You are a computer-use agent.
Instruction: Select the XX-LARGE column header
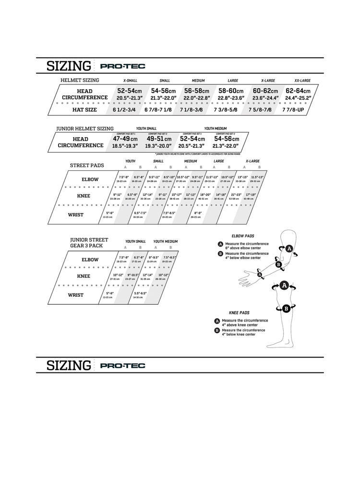[x=302, y=81]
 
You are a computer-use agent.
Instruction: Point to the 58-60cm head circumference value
[x=231, y=91]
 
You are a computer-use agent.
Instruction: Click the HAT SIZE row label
[x=84, y=110]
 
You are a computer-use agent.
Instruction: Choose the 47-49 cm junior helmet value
[x=125, y=138]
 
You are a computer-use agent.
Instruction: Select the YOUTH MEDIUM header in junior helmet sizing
[x=216, y=129]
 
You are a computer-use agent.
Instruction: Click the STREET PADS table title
[x=87, y=165]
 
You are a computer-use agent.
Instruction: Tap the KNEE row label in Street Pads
[x=84, y=196]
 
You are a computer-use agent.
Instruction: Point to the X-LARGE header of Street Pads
[x=252, y=161]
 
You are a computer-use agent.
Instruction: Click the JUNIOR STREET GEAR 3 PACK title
[x=89, y=242]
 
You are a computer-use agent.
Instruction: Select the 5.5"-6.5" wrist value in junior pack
[x=141, y=293]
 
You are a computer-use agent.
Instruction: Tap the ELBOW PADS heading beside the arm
[x=242, y=236]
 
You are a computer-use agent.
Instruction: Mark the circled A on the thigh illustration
[x=284, y=286]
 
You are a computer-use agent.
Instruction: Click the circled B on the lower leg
[x=286, y=308]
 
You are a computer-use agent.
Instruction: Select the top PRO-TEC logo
[x=123, y=66]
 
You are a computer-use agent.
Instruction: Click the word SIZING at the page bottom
[x=68, y=366]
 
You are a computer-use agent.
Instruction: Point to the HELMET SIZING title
[x=80, y=80]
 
